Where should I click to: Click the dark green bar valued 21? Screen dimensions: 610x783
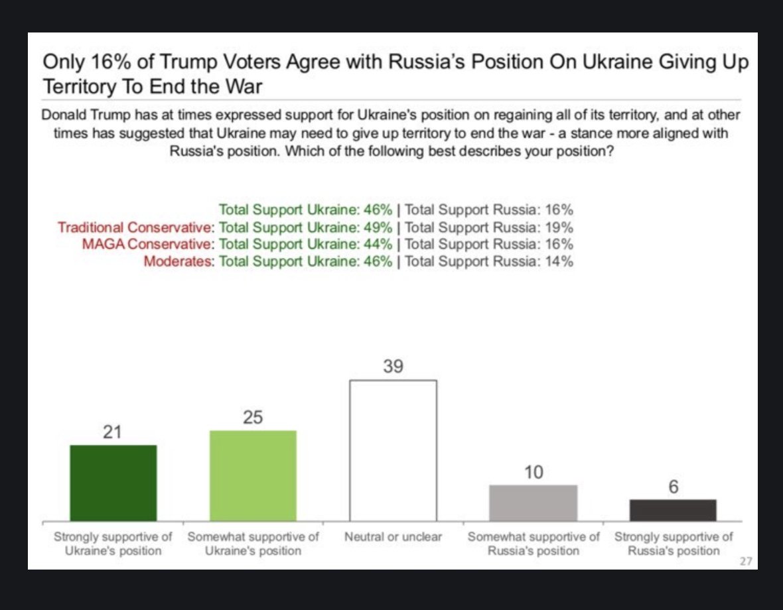pos(113,483)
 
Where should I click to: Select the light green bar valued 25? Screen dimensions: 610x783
pos(253,475)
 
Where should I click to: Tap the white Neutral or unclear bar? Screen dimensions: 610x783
pos(393,450)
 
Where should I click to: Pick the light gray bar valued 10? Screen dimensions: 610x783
pos(533,503)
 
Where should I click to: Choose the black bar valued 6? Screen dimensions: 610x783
pos(673,510)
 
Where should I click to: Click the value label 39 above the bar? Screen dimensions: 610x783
pos(393,367)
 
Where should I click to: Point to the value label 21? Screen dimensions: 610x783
pos(113,432)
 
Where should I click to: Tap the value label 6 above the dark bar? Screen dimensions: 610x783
pos(673,487)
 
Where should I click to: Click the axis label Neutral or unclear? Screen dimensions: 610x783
pos(393,536)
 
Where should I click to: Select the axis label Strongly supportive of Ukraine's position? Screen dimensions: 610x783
pos(113,544)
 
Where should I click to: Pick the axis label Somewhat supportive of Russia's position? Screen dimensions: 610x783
pos(533,544)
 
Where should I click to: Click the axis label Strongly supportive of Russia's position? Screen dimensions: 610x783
pos(673,544)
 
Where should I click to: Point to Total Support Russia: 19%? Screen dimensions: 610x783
pos(488,227)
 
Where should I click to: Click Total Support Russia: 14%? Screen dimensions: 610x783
pos(488,261)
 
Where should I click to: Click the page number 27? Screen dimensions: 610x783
pos(746,562)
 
